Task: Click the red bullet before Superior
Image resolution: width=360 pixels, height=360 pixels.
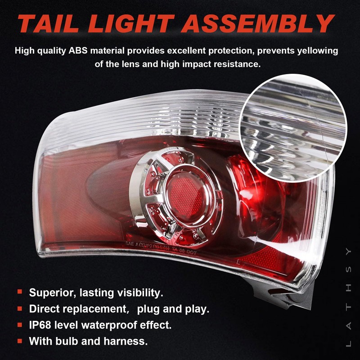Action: point(20,292)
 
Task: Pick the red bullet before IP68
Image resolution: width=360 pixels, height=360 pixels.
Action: point(20,324)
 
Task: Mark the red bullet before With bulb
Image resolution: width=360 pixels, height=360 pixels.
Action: point(20,340)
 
